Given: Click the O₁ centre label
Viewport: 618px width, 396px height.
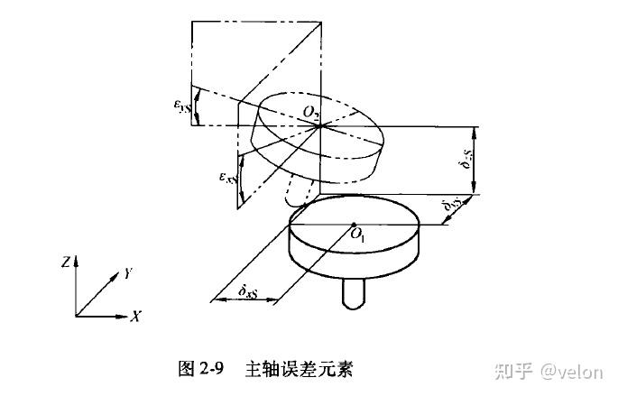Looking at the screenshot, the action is (x=358, y=236).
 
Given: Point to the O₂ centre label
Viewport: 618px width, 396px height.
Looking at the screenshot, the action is (x=312, y=112).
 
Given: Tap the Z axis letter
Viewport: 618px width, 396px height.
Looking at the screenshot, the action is (x=65, y=262).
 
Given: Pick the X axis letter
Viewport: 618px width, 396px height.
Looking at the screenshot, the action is (x=135, y=317).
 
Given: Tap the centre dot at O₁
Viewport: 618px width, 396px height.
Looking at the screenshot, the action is (x=354, y=225).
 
